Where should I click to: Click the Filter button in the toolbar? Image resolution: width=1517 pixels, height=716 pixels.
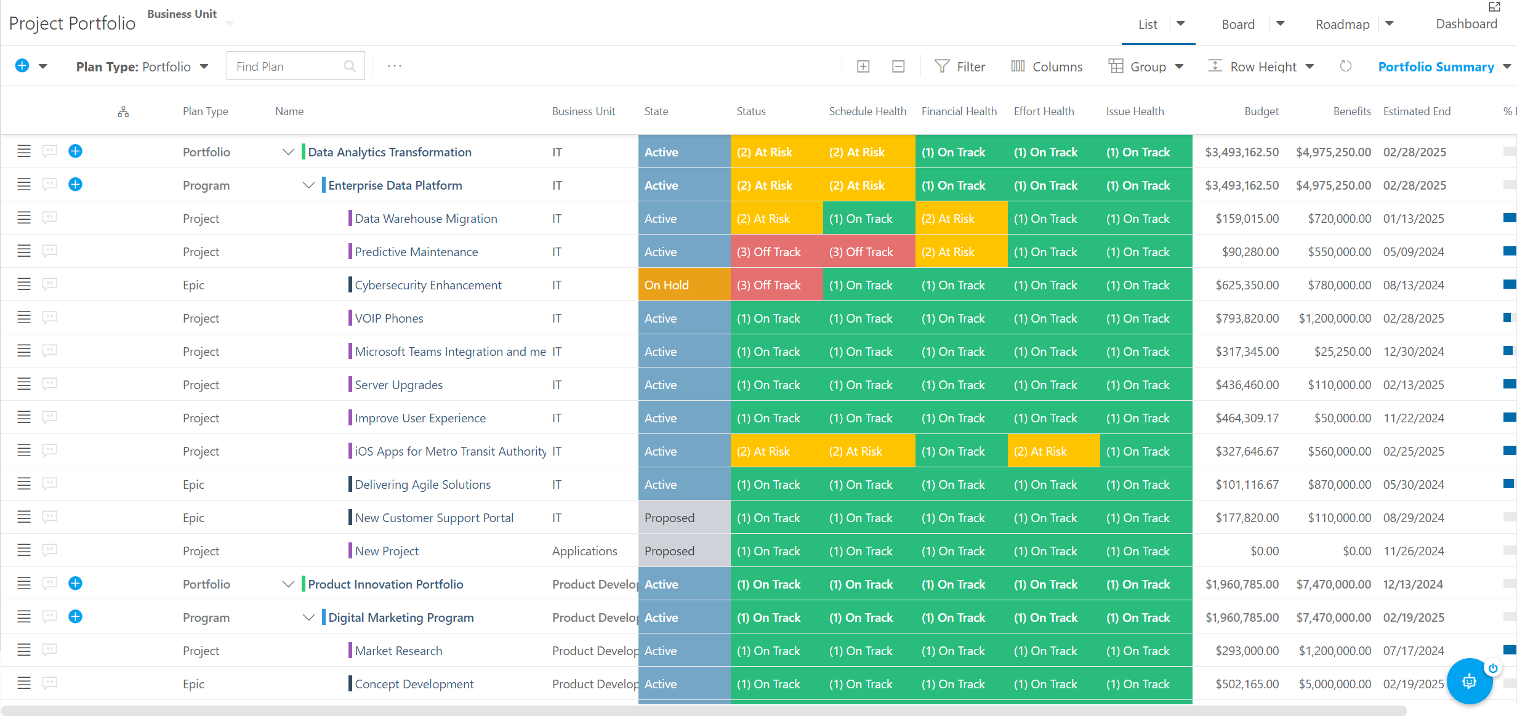coord(960,66)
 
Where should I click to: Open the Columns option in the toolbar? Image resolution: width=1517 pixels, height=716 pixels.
coord(1047,66)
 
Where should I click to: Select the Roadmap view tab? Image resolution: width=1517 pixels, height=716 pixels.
coord(1342,24)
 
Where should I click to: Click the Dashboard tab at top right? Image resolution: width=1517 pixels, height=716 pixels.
coord(1467,23)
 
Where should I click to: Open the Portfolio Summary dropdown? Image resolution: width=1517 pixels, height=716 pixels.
coord(1444,66)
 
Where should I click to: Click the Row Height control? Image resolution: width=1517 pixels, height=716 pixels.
coord(1261,66)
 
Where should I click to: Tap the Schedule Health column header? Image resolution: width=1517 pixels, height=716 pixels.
coord(867,111)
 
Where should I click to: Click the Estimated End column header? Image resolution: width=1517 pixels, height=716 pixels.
coord(1417,111)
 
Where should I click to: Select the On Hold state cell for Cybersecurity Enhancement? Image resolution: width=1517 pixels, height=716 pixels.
coord(685,285)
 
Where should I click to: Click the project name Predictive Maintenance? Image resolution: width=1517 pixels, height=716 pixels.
coord(416,252)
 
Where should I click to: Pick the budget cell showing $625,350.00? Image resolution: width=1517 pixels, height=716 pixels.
coord(1247,285)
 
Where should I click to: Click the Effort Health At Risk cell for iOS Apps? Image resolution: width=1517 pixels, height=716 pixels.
coord(1054,451)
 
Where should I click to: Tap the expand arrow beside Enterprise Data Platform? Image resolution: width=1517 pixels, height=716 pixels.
coord(308,185)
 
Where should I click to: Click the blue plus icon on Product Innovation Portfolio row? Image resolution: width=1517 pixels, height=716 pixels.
coord(75,583)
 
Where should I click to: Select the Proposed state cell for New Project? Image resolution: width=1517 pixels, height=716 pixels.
coord(685,551)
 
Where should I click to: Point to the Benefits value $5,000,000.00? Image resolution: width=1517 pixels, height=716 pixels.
coord(1335,684)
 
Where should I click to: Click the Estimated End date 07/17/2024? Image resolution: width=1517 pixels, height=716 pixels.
coord(1414,651)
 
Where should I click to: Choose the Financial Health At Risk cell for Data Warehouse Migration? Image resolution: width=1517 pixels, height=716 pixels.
coord(962,219)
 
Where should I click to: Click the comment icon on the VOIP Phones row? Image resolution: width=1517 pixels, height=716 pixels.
coord(50,317)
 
